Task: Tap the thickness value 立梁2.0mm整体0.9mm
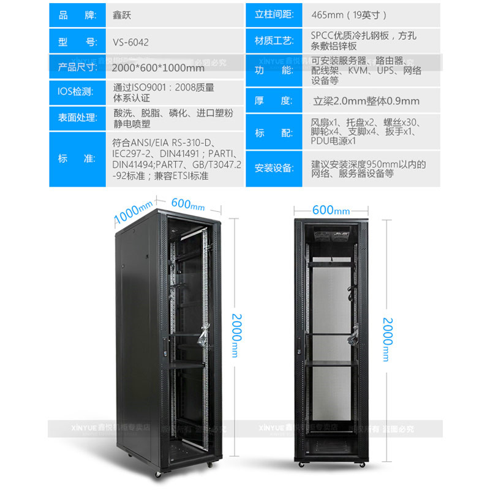tap(366, 101)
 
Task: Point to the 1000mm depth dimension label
tap(134, 212)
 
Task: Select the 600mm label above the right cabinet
tap(331, 210)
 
